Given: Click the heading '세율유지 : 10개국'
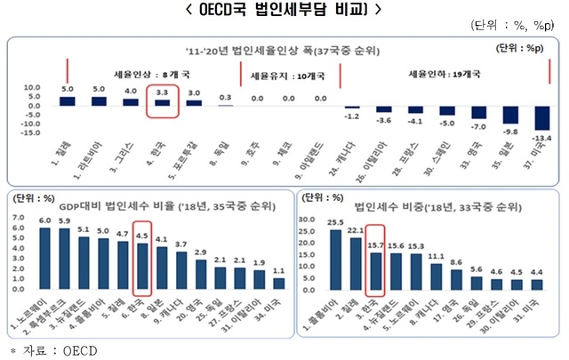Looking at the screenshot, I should [286, 76].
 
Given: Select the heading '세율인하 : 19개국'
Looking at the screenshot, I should [441, 76].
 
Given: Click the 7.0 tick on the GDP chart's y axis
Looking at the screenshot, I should [17, 216].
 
